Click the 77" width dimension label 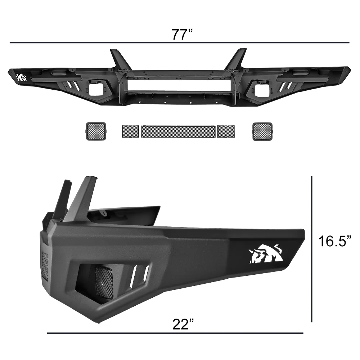(x=182, y=35)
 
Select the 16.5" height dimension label (x=334, y=241)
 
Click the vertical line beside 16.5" (x=312, y=248)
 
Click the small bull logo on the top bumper (x=22, y=77)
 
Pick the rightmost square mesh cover (x=262, y=131)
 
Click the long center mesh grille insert (x=178, y=131)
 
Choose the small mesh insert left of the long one (x=130, y=131)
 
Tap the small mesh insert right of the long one (x=226, y=131)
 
